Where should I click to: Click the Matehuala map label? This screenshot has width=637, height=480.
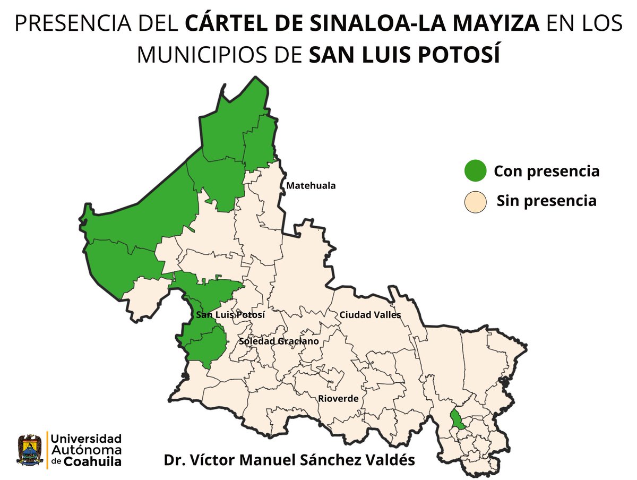pyautogui.click(x=311, y=186)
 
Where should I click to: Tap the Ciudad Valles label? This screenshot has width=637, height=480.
pyautogui.click(x=371, y=315)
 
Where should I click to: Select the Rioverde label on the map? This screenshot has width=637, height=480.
pyautogui.click(x=338, y=399)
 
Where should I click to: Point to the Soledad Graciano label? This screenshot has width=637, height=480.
pyautogui.click(x=279, y=341)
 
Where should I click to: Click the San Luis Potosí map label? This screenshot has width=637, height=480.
pyautogui.click(x=230, y=315)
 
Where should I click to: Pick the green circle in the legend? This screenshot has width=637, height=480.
pyautogui.click(x=475, y=171)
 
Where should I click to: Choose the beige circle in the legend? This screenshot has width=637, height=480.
pyautogui.click(x=475, y=201)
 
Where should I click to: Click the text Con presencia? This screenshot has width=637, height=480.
pyautogui.click(x=546, y=172)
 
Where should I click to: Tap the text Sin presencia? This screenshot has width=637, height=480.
pyautogui.click(x=546, y=201)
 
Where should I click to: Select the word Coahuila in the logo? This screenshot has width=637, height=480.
pyautogui.click(x=93, y=461)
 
